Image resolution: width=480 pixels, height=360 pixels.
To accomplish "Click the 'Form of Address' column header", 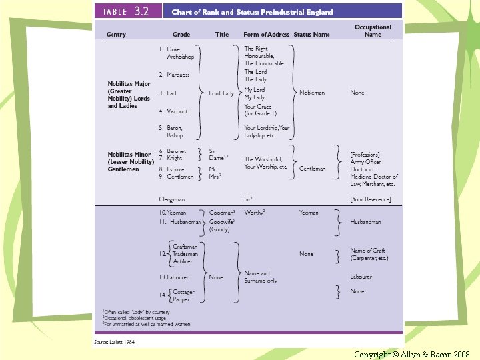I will coord(267,35).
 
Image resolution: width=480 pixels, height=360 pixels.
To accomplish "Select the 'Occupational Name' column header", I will coord(373,31).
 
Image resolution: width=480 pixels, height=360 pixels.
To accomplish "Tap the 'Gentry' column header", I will coord(116,35).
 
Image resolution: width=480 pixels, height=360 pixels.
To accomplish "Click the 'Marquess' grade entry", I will coord(178,75).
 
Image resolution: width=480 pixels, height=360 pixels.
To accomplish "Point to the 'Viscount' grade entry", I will coord(177,111).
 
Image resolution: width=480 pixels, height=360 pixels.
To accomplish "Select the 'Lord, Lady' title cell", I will coord(221,93).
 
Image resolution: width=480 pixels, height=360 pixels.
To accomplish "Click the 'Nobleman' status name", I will coord(312,93).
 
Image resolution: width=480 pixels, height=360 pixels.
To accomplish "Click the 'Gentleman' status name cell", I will coord(313,169).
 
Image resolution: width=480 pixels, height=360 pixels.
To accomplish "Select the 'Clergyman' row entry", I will coord(172,199).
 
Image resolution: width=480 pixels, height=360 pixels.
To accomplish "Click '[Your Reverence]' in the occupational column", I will coord(371,199).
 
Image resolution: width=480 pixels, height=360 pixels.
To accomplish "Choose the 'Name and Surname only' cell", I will coord(261,277).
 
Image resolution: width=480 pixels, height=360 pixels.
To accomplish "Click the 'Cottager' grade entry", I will coord(185,291).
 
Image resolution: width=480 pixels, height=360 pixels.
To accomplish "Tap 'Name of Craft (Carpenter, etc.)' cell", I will coord(369,254).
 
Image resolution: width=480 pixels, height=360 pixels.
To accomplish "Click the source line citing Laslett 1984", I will coord(115,341).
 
